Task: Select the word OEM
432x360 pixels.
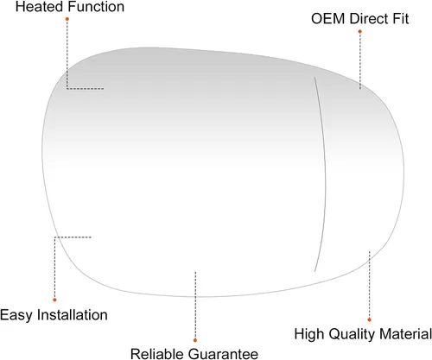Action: (x=328, y=19)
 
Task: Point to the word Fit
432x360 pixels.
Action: (x=400, y=19)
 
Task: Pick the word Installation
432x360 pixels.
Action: (x=73, y=315)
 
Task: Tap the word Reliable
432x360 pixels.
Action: (x=157, y=354)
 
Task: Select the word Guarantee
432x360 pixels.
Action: (x=224, y=354)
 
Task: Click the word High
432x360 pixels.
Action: (x=309, y=334)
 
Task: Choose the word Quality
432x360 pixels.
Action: (x=352, y=334)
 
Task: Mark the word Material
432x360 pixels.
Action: (x=405, y=334)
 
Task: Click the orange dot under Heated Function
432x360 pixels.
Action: (x=67, y=19)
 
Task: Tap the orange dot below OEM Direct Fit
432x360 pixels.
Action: (x=359, y=31)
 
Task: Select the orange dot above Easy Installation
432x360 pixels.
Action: (x=54, y=300)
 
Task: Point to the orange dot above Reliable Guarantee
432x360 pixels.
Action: (x=195, y=340)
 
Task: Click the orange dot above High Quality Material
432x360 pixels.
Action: (x=369, y=319)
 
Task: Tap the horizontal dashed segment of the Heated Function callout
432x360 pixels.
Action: (x=86, y=89)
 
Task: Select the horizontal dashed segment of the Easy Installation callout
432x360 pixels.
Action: (x=73, y=237)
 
